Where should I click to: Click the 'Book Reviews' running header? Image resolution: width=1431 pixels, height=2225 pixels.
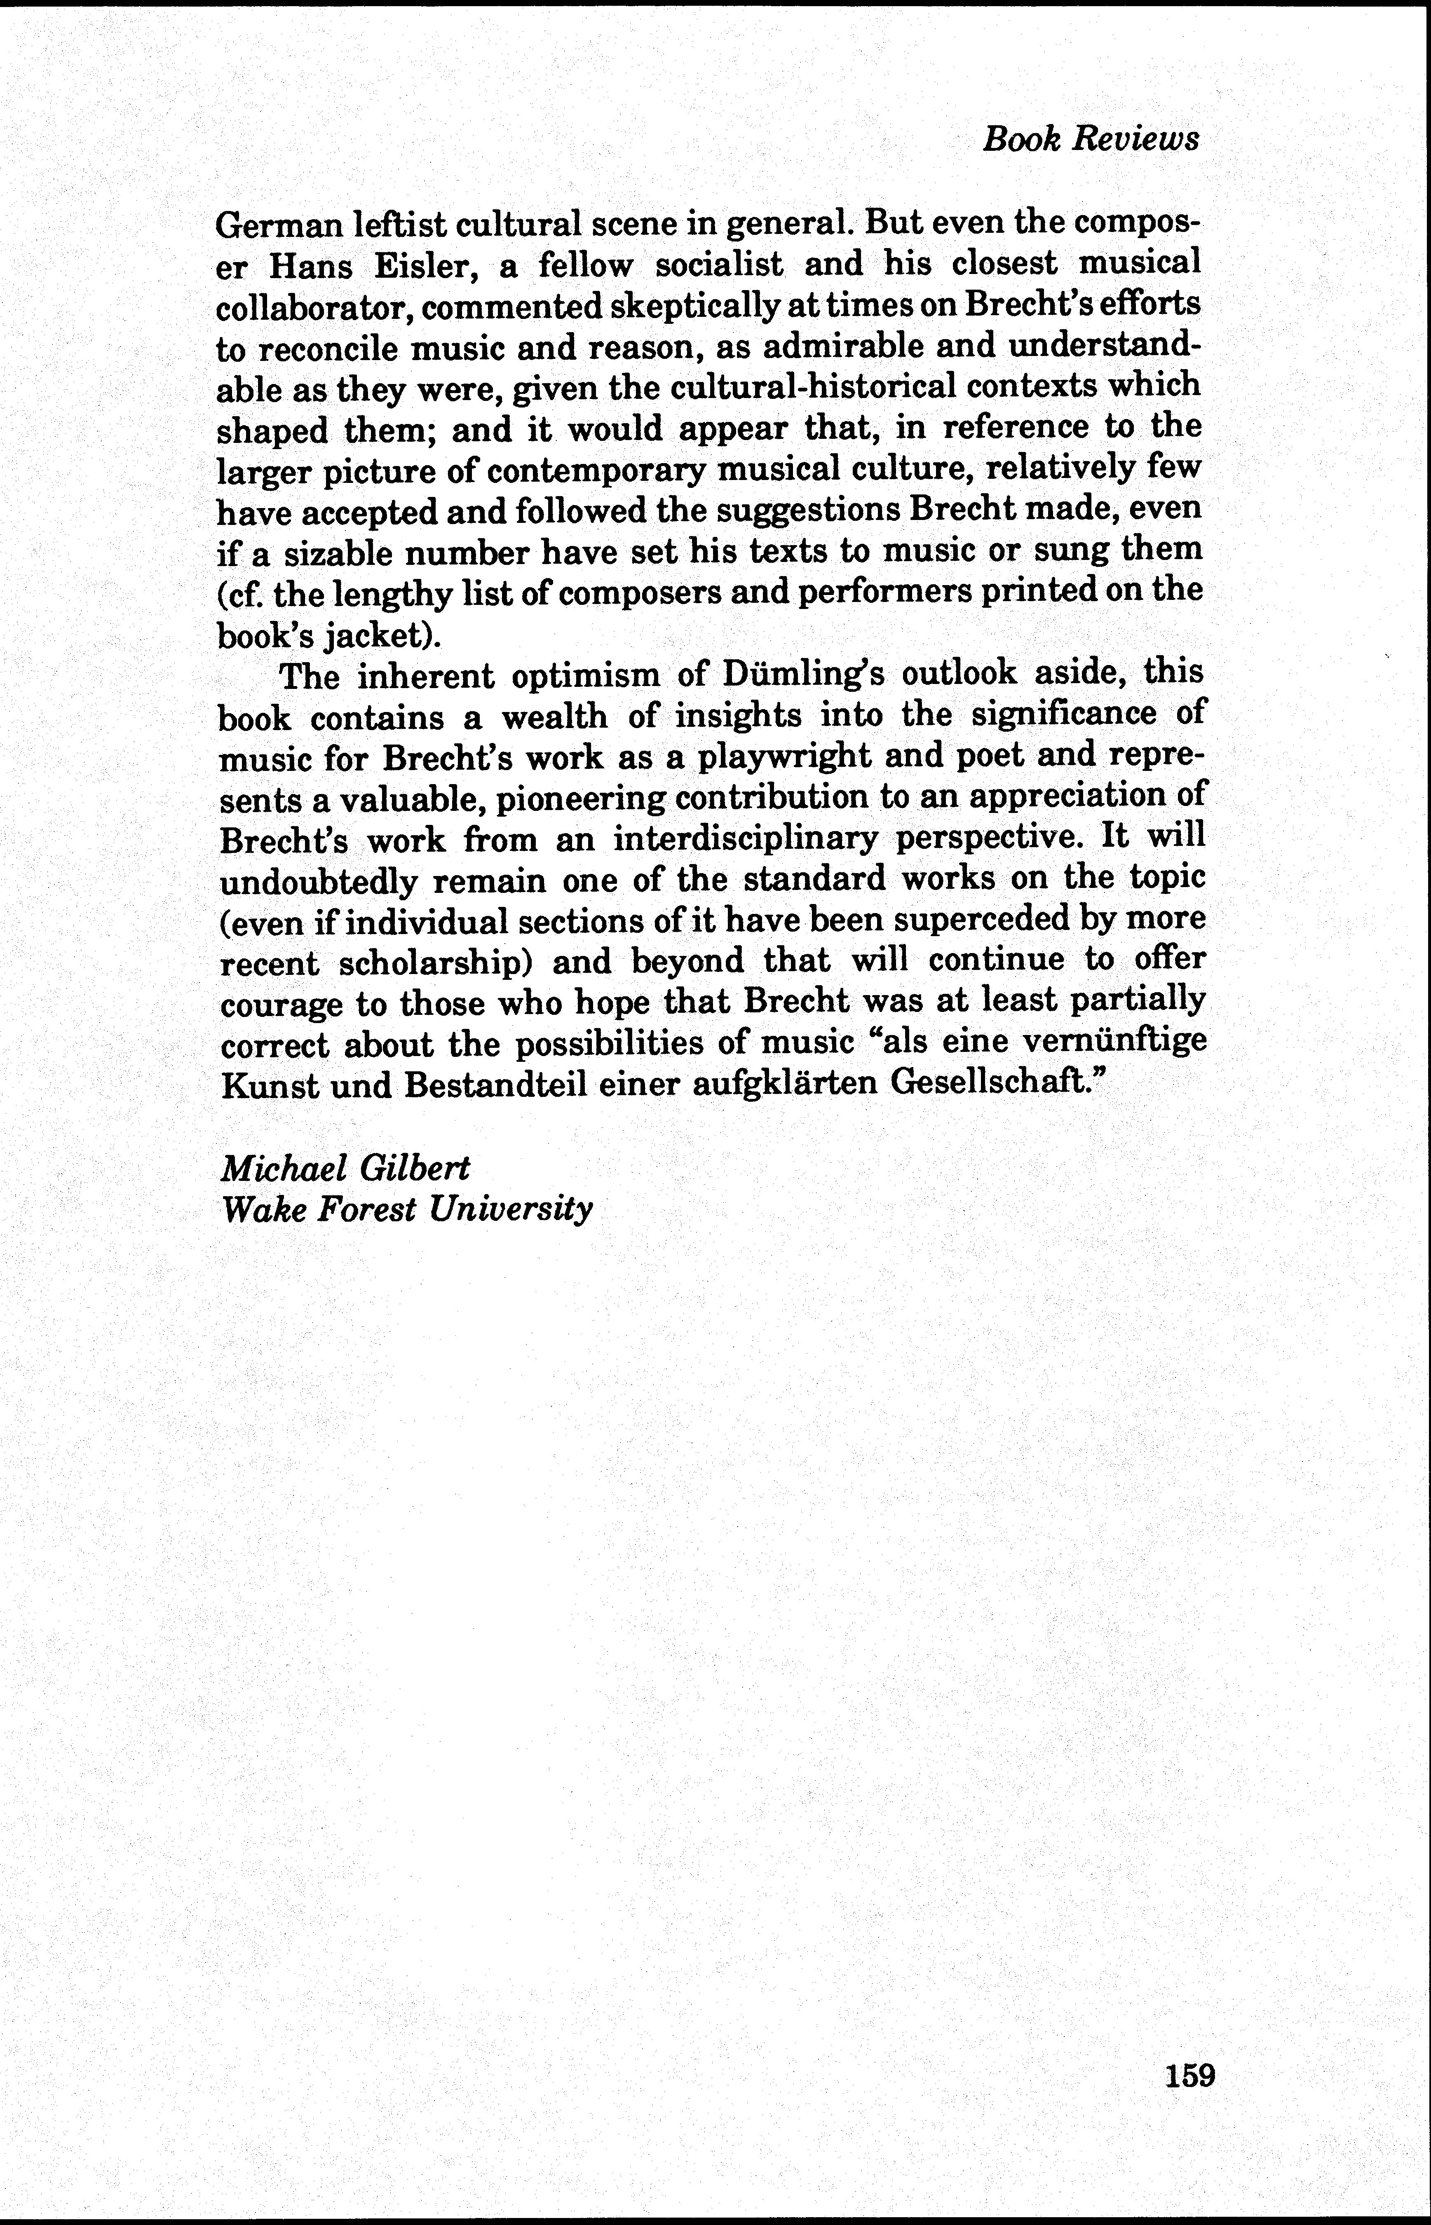click(1091, 139)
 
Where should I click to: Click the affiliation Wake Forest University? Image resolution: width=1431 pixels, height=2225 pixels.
click(406, 1210)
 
